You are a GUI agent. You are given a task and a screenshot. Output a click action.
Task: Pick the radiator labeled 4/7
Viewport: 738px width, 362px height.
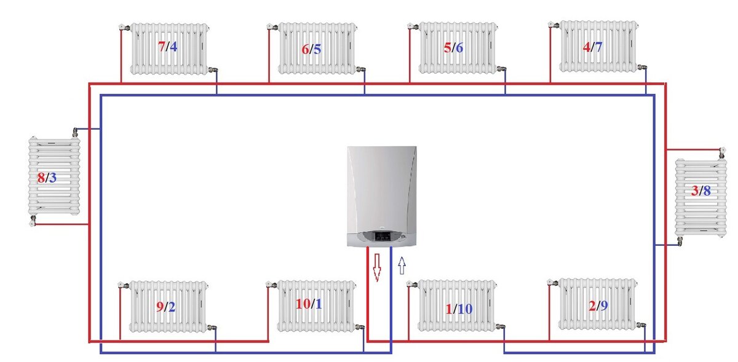tap(596, 46)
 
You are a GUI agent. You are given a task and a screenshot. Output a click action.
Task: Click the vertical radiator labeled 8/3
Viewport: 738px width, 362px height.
tap(54, 177)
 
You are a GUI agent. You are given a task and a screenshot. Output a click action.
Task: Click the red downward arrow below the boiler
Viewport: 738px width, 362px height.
tap(376, 267)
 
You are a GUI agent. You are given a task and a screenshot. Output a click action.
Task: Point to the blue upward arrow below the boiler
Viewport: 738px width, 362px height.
tap(402, 265)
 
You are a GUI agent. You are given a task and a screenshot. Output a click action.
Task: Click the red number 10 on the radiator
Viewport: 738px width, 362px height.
tap(303, 304)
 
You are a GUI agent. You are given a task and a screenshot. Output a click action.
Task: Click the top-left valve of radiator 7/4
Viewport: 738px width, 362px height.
tap(123, 28)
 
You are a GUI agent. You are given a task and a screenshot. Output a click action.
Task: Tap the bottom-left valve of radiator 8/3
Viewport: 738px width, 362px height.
tap(33, 219)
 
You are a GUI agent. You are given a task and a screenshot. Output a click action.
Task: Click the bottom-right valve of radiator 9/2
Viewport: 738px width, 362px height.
tap(213, 328)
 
